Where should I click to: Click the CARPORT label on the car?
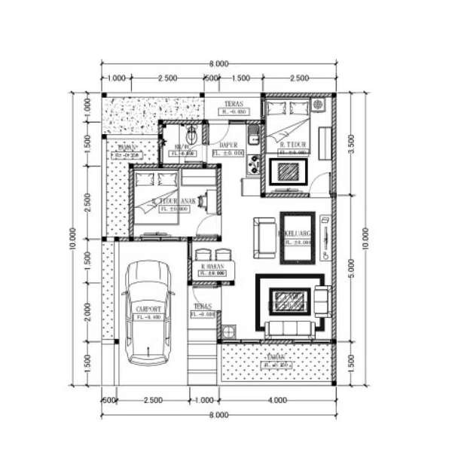pyautogui.click(x=148, y=310)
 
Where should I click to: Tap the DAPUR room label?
pyautogui.click(x=228, y=145)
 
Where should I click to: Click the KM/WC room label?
pyautogui.click(x=183, y=147)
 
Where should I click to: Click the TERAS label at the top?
pyautogui.click(x=233, y=104)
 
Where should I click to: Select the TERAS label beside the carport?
pyautogui.click(x=202, y=307)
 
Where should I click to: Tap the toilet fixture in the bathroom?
pyautogui.click(x=193, y=135)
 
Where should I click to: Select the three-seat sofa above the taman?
pyautogui.click(x=289, y=328)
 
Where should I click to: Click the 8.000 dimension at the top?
pyautogui.click(x=218, y=64)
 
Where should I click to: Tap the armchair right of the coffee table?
pyautogui.click(x=322, y=301)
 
